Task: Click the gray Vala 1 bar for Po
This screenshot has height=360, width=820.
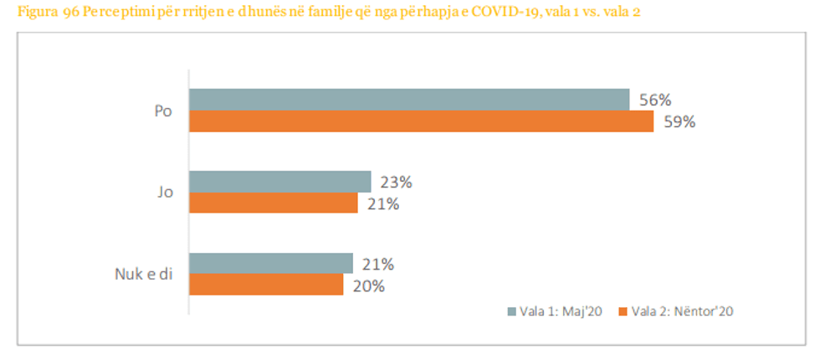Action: pos(408,99)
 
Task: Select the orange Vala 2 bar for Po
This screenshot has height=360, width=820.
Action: pos(421,121)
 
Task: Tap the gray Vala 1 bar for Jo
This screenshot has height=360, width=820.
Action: pos(279,182)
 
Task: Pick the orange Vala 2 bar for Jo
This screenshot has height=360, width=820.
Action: pos(274,203)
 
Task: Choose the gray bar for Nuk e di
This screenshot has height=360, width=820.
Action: pos(270,264)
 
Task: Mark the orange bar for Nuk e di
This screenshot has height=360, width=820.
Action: pos(266,285)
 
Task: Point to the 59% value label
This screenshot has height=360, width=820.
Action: pos(678,122)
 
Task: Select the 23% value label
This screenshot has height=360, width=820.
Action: pos(395,182)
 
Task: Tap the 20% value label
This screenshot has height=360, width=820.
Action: pos(367,285)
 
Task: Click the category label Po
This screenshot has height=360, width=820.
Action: pos(163,111)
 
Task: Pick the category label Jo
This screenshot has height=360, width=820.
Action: pos(164,193)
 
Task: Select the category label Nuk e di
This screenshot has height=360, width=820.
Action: pos(145,275)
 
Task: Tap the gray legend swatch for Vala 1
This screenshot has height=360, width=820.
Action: pos(512,311)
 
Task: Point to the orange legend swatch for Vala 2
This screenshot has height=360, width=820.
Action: pos(623,311)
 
